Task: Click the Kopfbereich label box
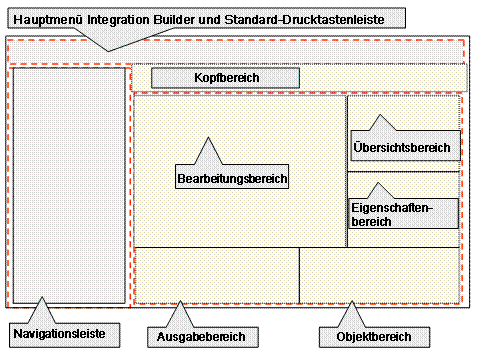225,78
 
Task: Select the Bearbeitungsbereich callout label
232,179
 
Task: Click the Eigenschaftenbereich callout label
403,214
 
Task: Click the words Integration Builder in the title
146,17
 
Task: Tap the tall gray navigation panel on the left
69,185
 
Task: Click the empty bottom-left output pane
216,275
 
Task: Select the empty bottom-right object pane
380,275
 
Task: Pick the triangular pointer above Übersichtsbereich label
381,123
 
